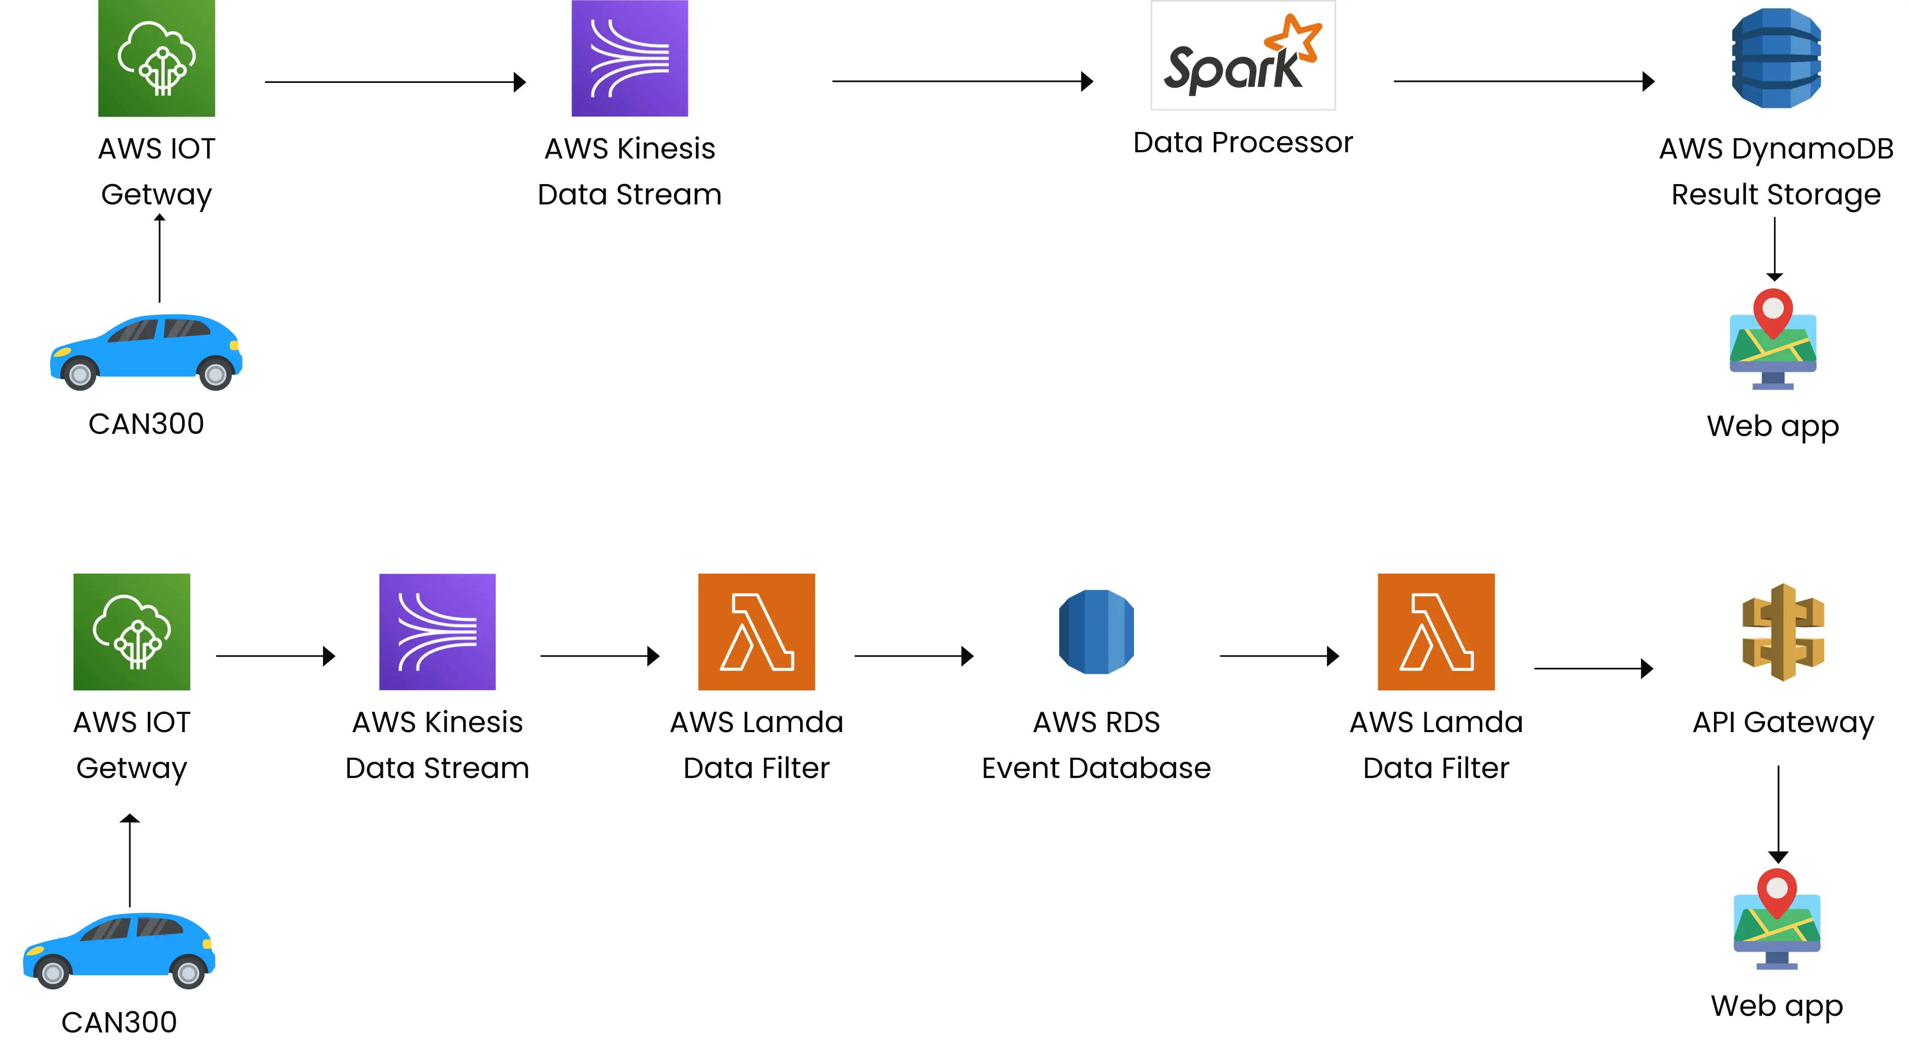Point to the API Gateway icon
pyautogui.click(x=1782, y=631)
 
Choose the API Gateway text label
pyautogui.click(x=1782, y=722)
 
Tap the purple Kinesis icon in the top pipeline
pyautogui.click(x=629, y=58)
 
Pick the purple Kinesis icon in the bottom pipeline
pyautogui.click(x=437, y=631)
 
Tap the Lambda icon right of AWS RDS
pyautogui.click(x=1435, y=631)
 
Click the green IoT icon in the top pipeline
pyautogui.click(x=156, y=58)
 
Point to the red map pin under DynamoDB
pyautogui.click(x=1773, y=310)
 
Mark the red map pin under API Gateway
pyautogui.click(x=1777, y=890)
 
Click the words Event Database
pyautogui.click(x=1096, y=768)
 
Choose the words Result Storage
pyautogui.click(x=1775, y=194)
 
